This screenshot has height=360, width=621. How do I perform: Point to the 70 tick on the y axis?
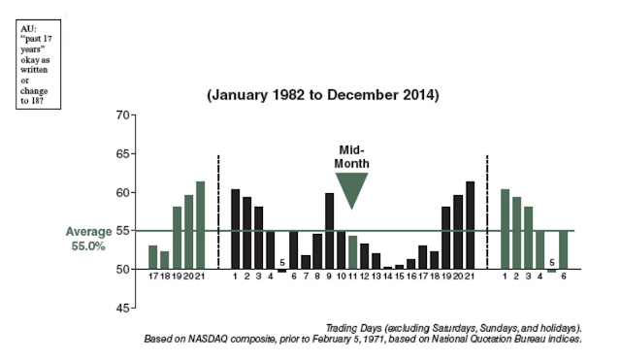coord(123,115)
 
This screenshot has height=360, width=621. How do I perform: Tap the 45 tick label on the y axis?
coord(123,309)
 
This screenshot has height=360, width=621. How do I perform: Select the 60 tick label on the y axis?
coord(123,193)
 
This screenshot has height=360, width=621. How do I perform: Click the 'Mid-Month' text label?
coord(351,157)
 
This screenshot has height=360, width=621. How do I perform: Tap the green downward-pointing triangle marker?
coord(351,188)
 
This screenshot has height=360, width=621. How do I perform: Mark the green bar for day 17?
coord(152,258)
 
